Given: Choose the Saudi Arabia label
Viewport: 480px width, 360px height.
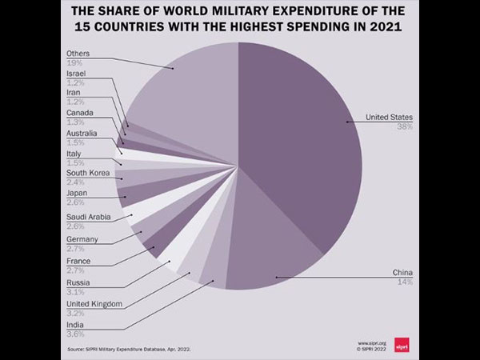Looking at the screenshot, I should [x=87, y=217].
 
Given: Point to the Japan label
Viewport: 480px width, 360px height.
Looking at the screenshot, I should [x=77, y=193].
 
